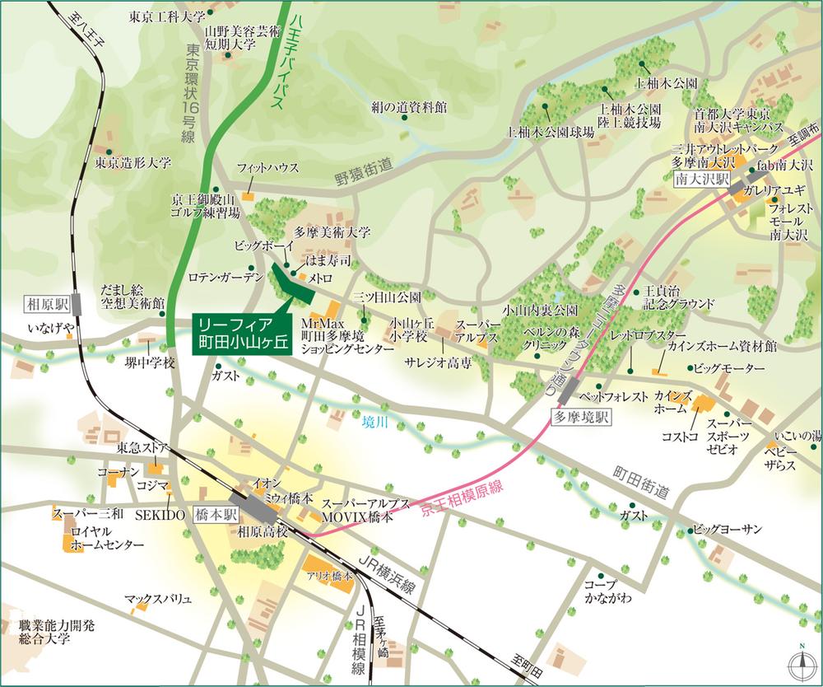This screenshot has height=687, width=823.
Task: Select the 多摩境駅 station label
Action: [581, 417]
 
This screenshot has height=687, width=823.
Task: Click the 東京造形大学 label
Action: [133, 163]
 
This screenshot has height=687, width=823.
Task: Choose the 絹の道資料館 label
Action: [407, 107]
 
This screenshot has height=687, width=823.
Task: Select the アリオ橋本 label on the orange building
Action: [329, 576]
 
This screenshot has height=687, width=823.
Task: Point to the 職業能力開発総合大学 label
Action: [48, 632]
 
